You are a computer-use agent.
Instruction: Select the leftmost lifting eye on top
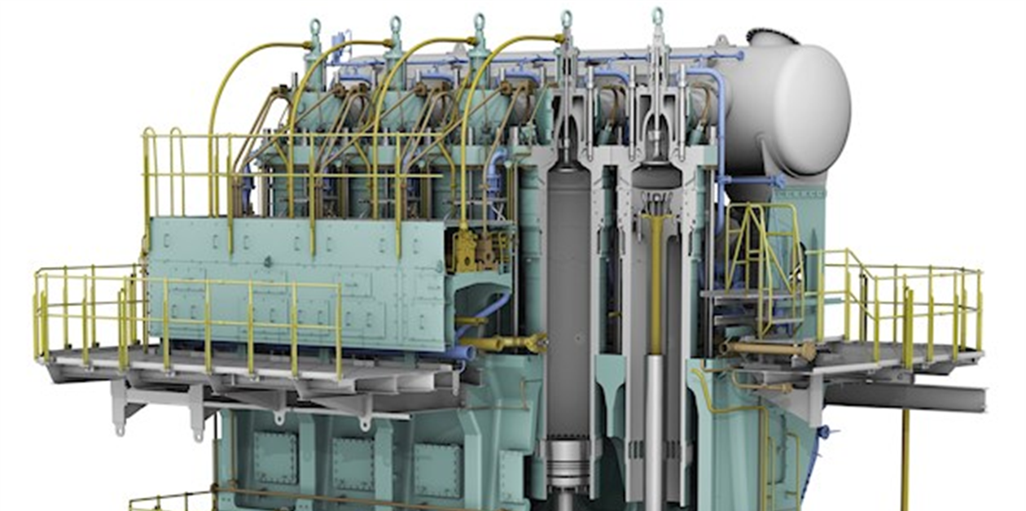315,31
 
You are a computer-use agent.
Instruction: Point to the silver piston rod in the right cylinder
655,423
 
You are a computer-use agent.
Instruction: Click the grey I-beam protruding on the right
904,396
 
